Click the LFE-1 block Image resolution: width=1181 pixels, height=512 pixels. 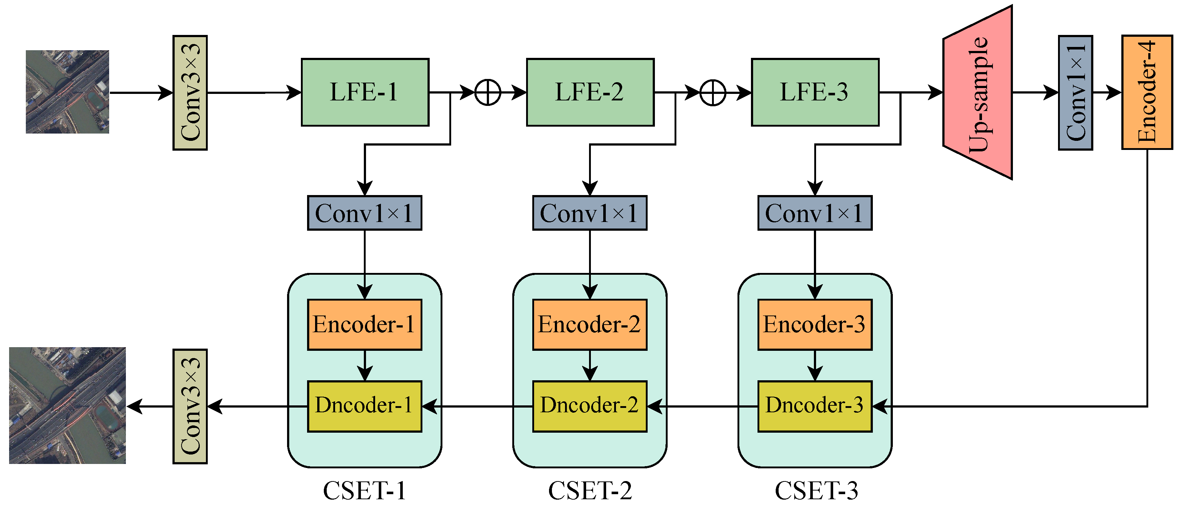tap(365, 92)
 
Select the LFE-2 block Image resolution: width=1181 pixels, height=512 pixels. tap(590, 92)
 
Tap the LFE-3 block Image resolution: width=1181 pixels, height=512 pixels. tap(815, 92)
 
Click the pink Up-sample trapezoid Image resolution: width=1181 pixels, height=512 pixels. tap(978, 92)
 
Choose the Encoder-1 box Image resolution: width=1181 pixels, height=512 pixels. tap(365, 325)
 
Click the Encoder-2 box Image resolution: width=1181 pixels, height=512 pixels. tap(589, 325)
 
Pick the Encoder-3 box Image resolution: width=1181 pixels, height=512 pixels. tap(815, 325)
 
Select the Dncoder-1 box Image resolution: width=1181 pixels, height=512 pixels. tap(365, 406)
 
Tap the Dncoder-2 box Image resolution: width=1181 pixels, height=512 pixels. tap(589, 406)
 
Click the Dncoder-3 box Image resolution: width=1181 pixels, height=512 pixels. tap(815, 406)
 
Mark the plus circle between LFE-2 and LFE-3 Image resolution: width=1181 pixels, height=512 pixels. tap(713, 92)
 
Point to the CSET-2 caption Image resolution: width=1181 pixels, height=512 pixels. tap(590, 491)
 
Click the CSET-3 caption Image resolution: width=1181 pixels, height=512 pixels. tap(816, 491)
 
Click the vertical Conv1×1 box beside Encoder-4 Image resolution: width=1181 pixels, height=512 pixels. tap(1075, 92)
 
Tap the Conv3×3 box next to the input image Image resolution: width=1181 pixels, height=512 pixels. tap(190, 92)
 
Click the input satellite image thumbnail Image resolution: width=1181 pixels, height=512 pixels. tap(67, 92)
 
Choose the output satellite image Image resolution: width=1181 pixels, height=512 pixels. tap(67, 405)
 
